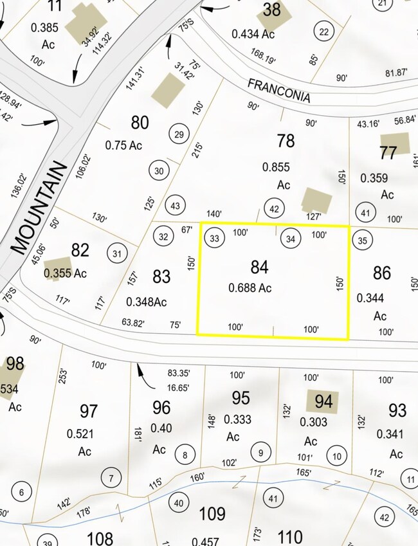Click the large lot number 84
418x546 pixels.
(259, 267)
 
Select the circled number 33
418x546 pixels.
(215, 239)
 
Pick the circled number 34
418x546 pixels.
(291, 239)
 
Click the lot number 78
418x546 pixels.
(286, 140)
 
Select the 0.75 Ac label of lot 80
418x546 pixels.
(123, 146)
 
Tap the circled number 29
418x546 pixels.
(179, 134)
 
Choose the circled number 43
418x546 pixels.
(174, 205)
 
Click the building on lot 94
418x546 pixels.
(321, 401)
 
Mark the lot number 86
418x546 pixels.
(381, 273)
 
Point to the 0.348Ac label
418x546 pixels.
(147, 302)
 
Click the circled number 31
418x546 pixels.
(116, 253)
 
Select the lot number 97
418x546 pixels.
(88, 411)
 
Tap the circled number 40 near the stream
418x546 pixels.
(179, 503)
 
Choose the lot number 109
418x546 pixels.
(212, 514)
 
